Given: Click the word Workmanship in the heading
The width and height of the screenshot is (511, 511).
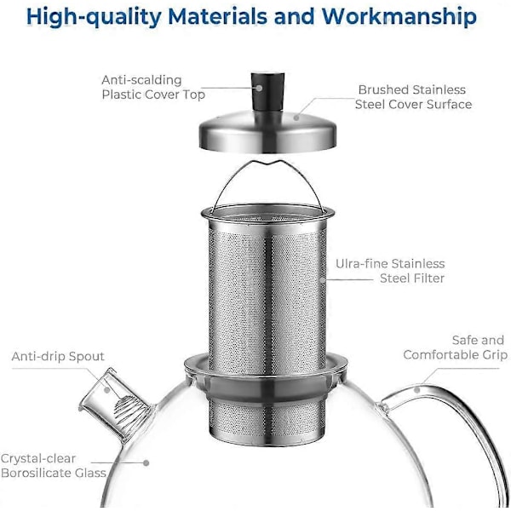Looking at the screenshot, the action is pyautogui.click(x=399, y=16).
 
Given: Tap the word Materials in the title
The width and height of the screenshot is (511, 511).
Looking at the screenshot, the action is pyautogui.click(x=218, y=15).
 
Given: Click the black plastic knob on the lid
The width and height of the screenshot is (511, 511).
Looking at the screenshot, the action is pyautogui.click(x=267, y=92).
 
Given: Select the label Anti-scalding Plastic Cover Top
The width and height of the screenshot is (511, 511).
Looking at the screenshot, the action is pyautogui.click(x=153, y=88).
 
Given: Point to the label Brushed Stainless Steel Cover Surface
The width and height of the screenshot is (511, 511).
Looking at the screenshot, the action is pyautogui.click(x=413, y=97).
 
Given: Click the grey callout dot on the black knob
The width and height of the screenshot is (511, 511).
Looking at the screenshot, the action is pyautogui.click(x=259, y=88).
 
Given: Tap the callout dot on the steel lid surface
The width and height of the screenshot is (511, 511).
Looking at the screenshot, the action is pyautogui.click(x=296, y=118).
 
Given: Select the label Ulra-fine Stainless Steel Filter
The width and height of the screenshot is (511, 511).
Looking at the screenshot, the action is pyautogui.click(x=390, y=271).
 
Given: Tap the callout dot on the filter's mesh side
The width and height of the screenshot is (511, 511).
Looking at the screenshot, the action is pyautogui.click(x=322, y=279).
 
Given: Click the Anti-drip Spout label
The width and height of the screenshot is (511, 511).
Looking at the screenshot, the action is pyautogui.click(x=58, y=356).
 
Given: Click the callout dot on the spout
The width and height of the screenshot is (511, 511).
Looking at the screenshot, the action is pyautogui.click(x=107, y=390).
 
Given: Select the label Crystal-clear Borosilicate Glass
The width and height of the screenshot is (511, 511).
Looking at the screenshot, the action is pyautogui.click(x=54, y=466).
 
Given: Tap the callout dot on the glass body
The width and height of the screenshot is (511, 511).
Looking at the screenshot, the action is pyautogui.click(x=146, y=462).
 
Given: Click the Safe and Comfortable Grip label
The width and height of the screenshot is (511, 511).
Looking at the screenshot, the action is pyautogui.click(x=456, y=347).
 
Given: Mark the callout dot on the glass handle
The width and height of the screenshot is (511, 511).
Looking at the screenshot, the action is pyautogui.click(x=416, y=390).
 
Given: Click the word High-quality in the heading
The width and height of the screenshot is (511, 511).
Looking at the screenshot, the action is pyautogui.click(x=94, y=17).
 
